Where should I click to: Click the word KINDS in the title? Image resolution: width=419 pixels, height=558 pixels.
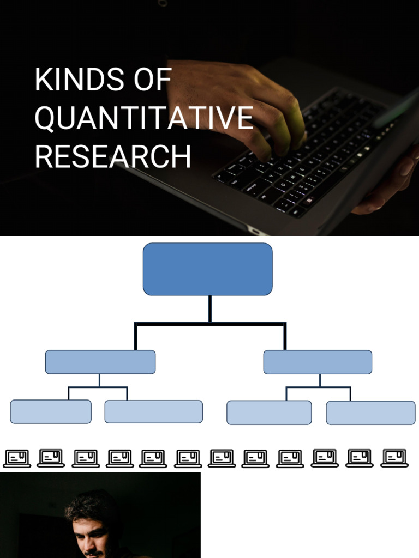(79, 79)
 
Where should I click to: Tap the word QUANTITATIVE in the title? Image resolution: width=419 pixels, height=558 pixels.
(144, 118)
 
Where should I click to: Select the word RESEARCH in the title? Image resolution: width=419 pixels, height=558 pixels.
(113, 156)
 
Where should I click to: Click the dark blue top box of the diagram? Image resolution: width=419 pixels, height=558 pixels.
(208, 269)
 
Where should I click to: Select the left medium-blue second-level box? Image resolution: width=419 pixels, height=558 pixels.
(100, 362)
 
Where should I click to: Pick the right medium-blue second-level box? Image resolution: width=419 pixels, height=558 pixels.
(318, 362)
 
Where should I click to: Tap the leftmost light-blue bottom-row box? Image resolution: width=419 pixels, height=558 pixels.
(51, 412)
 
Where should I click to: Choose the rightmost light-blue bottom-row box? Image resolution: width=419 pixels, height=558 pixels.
(370, 413)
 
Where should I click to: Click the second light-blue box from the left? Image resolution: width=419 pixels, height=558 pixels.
(153, 412)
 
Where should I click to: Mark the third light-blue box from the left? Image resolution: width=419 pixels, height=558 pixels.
(269, 413)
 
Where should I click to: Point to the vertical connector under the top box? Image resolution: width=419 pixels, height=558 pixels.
(210, 309)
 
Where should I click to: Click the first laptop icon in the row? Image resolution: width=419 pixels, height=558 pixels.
(17, 458)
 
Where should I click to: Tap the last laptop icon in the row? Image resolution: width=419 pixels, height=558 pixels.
(394, 458)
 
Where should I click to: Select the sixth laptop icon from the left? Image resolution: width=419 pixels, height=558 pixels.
(188, 458)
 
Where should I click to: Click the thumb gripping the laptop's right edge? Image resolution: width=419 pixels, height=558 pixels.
(404, 167)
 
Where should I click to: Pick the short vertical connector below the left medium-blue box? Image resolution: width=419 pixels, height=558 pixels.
(99, 380)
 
